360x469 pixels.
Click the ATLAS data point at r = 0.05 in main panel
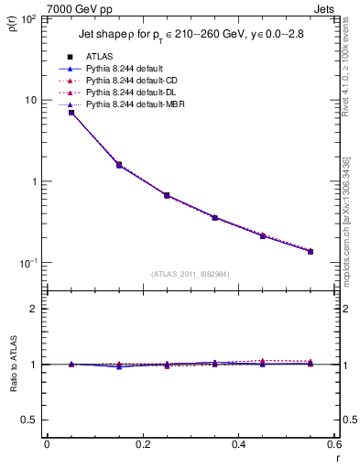[x=71, y=113]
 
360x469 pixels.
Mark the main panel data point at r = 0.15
[x=119, y=165]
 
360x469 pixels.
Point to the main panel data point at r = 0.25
[x=167, y=195]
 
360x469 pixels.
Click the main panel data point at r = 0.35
[x=214, y=217]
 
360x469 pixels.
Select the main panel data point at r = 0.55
[x=310, y=251]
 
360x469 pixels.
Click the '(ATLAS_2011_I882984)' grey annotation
[x=190, y=273]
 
